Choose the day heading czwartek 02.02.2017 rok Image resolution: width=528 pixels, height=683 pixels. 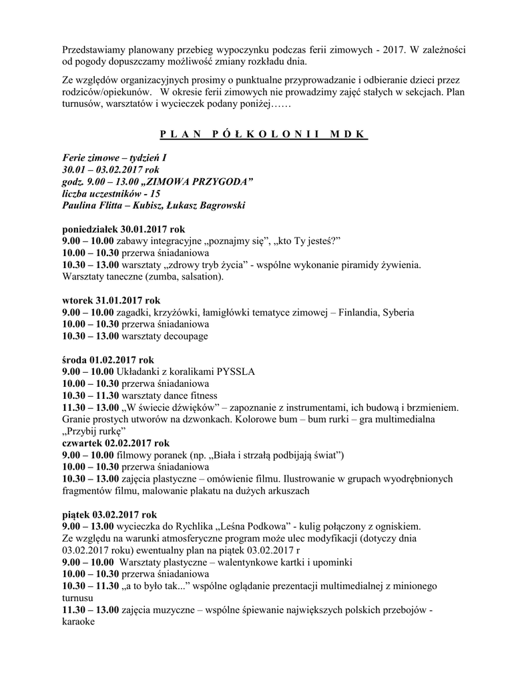coord(115,443)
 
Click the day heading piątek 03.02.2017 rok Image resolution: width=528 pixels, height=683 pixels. coord(109,514)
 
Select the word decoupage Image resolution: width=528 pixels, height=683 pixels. coord(185,336)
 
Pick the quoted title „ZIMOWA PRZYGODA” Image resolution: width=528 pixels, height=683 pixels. coord(198,181)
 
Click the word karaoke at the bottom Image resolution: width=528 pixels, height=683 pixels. coord(78,620)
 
